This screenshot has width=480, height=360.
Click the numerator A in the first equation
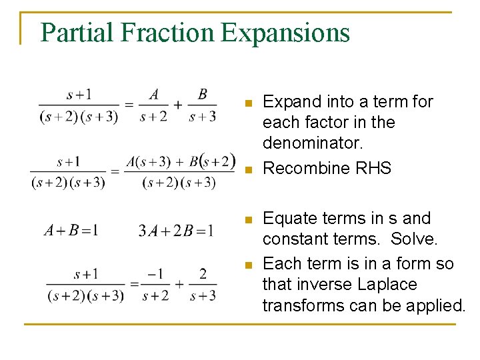pyautogui.click(x=154, y=95)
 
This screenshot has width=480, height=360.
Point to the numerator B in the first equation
pyautogui.click(x=203, y=95)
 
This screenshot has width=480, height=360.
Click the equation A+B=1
pyautogui.click(x=71, y=231)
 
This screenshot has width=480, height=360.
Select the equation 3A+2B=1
pyautogui.click(x=176, y=231)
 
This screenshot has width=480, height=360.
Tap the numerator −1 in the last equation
pyautogui.click(x=155, y=274)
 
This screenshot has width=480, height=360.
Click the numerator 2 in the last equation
pyautogui.click(x=203, y=274)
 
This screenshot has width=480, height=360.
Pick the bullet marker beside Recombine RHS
pyautogui.click(x=247, y=170)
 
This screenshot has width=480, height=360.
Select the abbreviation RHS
pyautogui.click(x=373, y=169)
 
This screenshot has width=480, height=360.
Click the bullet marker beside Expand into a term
pyautogui.click(x=247, y=103)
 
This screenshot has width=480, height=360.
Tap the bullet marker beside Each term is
pyautogui.click(x=247, y=265)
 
